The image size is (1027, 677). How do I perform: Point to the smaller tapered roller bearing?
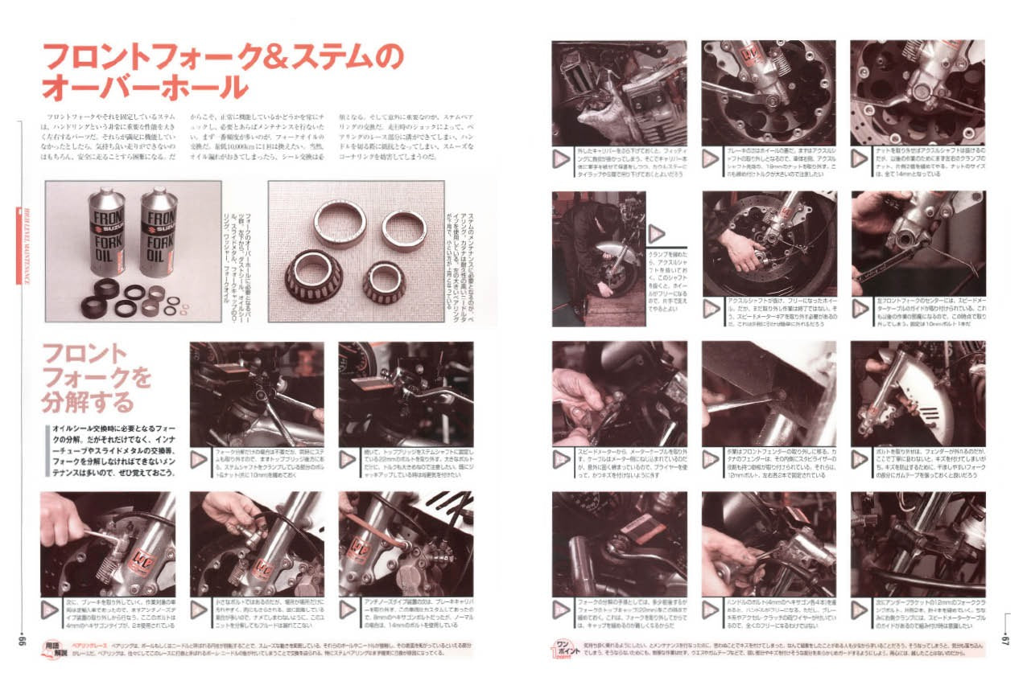coord(383,281)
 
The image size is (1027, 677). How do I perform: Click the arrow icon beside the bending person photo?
coord(657,234)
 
